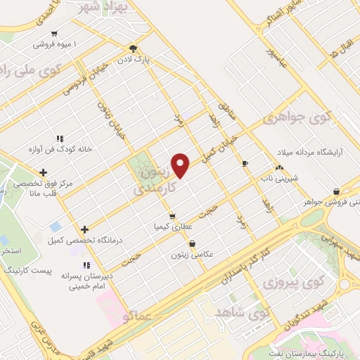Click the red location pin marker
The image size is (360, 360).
(x=181, y=165)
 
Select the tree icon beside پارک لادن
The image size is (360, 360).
(x=133, y=48)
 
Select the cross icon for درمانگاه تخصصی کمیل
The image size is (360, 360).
(x=84, y=229)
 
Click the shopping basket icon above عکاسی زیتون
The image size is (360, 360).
(x=192, y=243)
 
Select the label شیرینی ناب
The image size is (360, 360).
(x=280, y=179)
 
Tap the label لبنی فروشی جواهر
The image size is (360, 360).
(x=328, y=202)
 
